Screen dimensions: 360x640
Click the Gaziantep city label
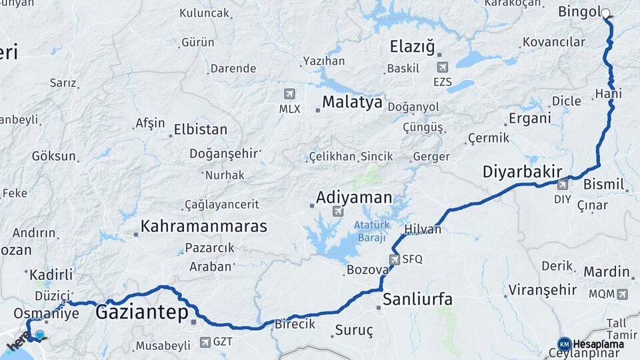[142, 312]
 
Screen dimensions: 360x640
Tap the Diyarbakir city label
[522, 172]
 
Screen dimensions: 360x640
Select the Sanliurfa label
[417, 299]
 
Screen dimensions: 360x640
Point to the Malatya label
[353, 102]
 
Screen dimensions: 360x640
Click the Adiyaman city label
[354, 197]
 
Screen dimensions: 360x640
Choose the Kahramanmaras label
[204, 226]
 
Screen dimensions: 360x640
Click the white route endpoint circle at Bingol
[605, 13]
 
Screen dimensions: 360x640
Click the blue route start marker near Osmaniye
[40, 335]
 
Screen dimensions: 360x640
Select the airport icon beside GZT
[205, 343]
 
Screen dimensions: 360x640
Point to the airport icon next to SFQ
[395, 259]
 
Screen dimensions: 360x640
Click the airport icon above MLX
[289, 94]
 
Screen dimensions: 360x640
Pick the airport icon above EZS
[443, 67]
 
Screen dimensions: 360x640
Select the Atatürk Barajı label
[371, 232]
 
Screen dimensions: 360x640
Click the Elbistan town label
[200, 129]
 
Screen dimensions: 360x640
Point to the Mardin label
[607, 271]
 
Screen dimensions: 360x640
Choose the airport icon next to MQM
[623, 293]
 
